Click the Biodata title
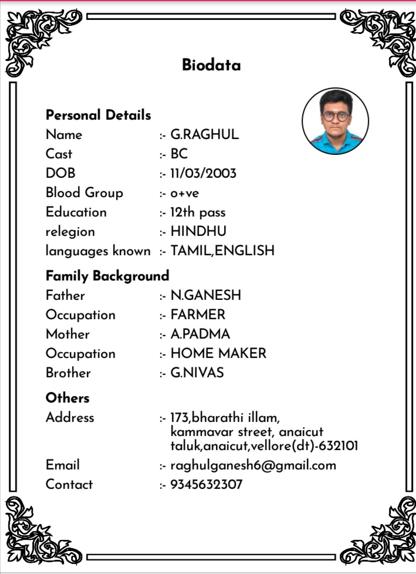(211, 65)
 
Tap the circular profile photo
(335, 121)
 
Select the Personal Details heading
(99, 115)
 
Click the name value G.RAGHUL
(204, 134)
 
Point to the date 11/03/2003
(203, 174)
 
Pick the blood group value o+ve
(185, 193)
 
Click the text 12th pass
(198, 212)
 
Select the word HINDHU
(198, 231)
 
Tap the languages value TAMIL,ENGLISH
(222, 251)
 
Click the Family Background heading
(107, 276)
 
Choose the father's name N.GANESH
(205, 295)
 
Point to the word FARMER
(198, 315)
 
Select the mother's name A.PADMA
(200, 334)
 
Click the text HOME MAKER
(218, 353)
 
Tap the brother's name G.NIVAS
(197, 373)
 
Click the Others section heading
(67, 398)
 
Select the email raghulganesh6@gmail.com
(253, 465)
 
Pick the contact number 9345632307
(206, 485)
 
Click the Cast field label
(59, 154)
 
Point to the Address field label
(70, 418)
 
